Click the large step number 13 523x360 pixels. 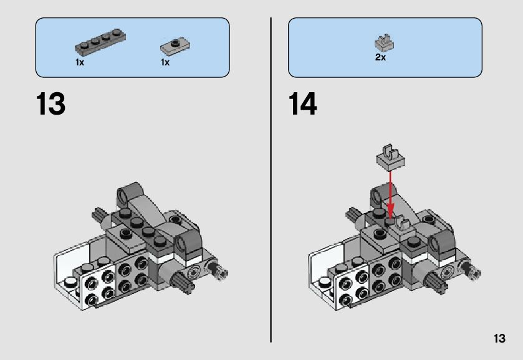click(x=50, y=104)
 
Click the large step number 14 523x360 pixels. click(x=302, y=104)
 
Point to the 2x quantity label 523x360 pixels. click(x=380, y=57)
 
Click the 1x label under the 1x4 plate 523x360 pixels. click(x=80, y=62)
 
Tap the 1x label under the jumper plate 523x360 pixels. click(x=165, y=62)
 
